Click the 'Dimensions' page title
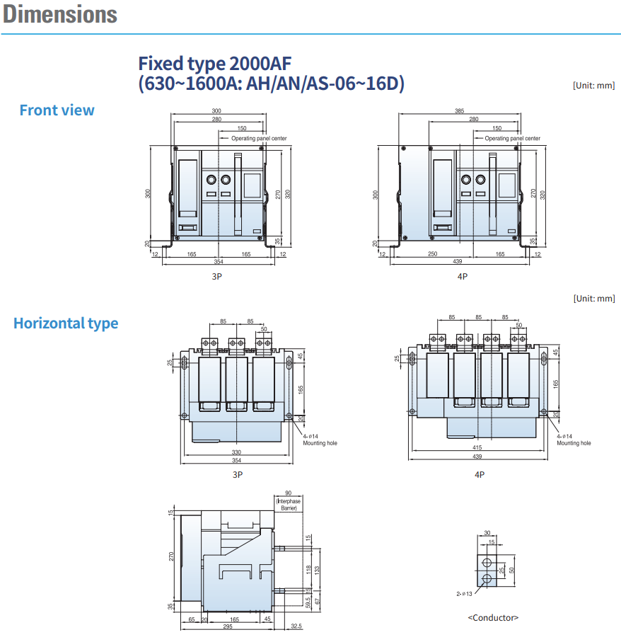pos(59,14)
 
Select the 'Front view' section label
pos(57,110)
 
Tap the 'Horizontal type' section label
pos(66,323)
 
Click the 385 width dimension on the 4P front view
pos(460,110)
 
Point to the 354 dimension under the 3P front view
pos(219,262)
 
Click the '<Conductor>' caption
pos(493,617)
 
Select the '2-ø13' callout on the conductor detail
pos(464,594)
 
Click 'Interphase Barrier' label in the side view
pos(289,505)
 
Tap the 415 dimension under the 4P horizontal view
pos(477,447)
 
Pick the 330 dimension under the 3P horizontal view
pos(236,452)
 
